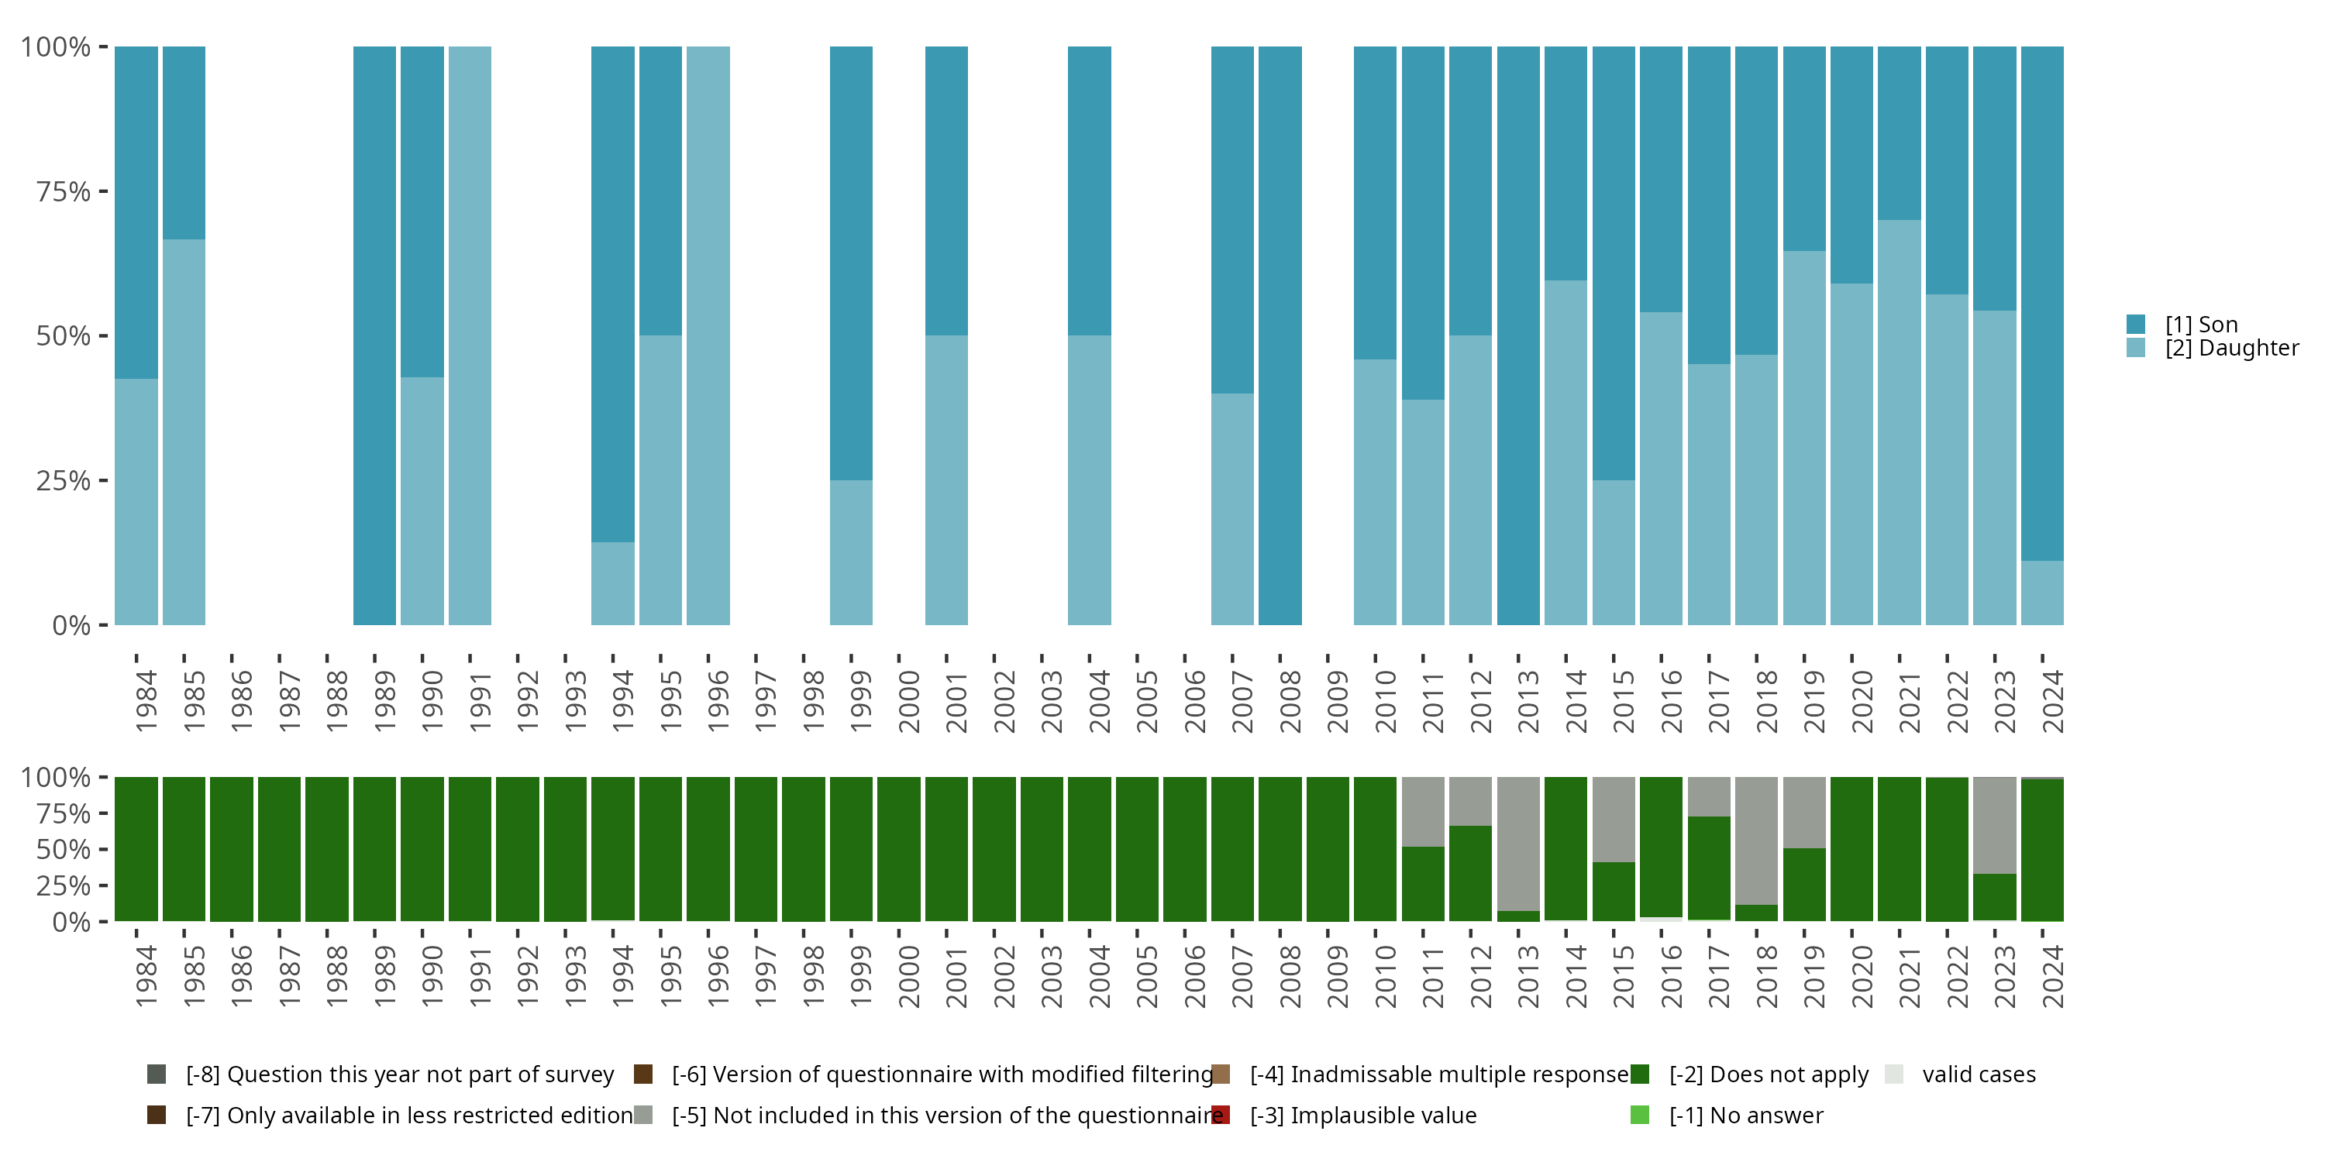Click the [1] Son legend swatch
click(x=2135, y=324)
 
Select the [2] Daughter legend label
click(x=2231, y=349)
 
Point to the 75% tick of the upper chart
click(x=64, y=191)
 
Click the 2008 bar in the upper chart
click(x=1280, y=335)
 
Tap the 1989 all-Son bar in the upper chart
click(x=374, y=335)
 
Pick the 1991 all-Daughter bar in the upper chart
click(x=470, y=335)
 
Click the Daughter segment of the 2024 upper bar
click(x=2041, y=593)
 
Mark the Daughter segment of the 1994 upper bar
click(x=613, y=583)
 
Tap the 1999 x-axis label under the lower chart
click(x=861, y=976)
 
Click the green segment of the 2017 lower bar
click(x=1709, y=868)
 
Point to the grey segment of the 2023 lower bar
click(x=1994, y=824)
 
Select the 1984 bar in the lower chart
click(x=136, y=849)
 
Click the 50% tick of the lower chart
click(x=64, y=850)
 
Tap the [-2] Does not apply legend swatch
click(x=1640, y=1074)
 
